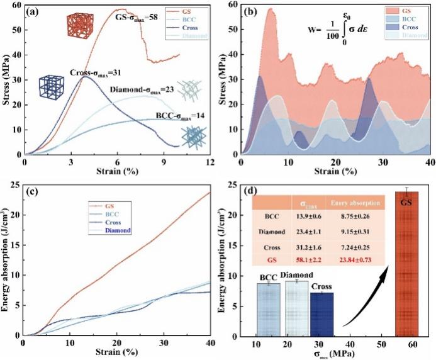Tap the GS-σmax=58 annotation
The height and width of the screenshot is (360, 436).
(x=136, y=17)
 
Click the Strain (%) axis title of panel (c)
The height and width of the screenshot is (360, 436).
(x=117, y=351)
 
